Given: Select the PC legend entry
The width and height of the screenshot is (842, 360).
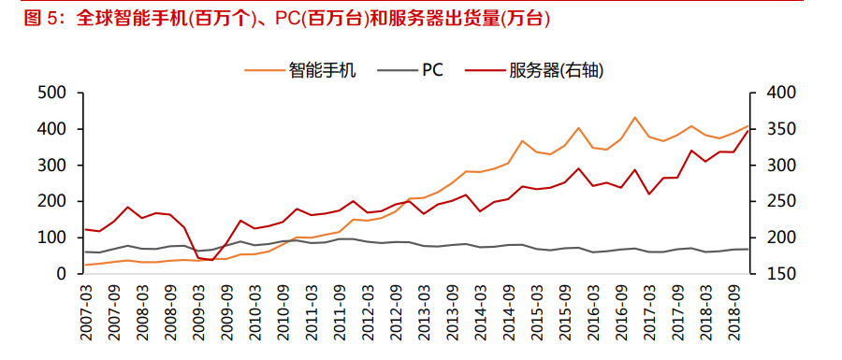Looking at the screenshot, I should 432,69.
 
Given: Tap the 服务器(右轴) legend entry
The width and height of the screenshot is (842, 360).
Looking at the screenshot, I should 552,69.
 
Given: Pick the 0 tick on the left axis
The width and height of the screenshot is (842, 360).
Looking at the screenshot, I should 62,274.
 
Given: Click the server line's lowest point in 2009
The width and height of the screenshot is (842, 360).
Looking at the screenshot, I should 211,260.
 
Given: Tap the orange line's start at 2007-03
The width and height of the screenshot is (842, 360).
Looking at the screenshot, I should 85,265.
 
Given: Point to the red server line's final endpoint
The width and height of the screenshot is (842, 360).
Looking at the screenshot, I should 748,130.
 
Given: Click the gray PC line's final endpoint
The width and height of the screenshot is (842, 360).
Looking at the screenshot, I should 748,249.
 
